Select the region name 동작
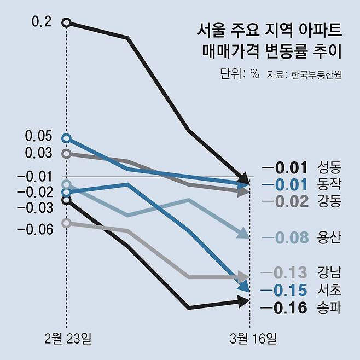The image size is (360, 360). click(x=329, y=184)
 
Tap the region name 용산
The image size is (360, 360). click(x=329, y=237)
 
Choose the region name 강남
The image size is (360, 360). click(x=329, y=272)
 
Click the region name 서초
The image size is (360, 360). click(x=329, y=289)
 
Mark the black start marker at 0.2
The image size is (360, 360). click(x=67, y=22)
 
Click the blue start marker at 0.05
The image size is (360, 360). click(x=67, y=138)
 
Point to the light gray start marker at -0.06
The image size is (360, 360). click(x=67, y=223)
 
